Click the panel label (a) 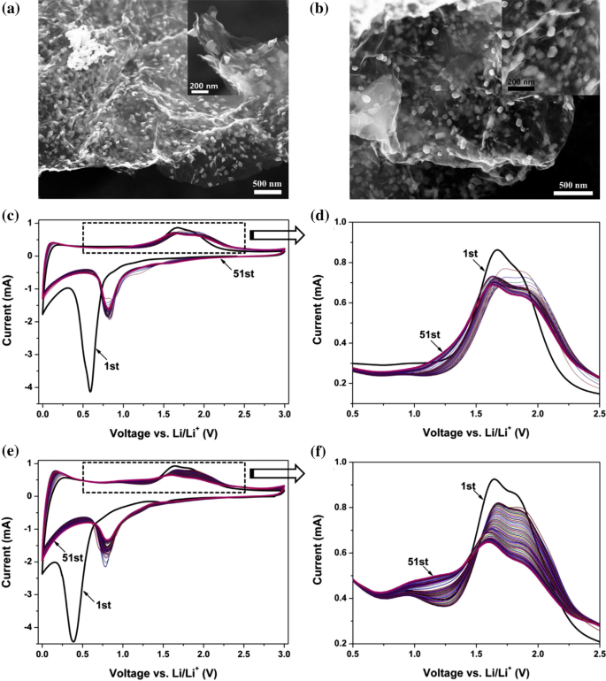[x=12, y=11]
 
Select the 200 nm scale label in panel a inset [x=199, y=83]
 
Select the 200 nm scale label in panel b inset [x=521, y=80]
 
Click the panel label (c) [x=12, y=215]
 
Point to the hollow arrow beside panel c [x=277, y=235]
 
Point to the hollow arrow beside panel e [x=277, y=475]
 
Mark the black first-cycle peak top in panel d [x=498, y=249]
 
